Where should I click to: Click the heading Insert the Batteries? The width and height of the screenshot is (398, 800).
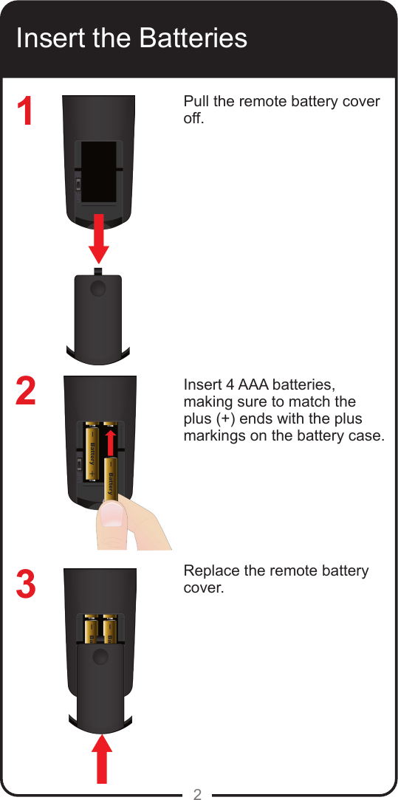tap(131, 38)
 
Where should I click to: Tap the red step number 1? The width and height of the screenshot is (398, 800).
tap(26, 112)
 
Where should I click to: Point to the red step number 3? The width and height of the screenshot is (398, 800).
tap(26, 584)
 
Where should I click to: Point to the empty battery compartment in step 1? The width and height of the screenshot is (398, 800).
tap(98, 171)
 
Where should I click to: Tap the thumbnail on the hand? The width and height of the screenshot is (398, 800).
tap(111, 516)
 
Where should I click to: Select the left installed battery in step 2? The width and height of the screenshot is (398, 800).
tap(92, 452)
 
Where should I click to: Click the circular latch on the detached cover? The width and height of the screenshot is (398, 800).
tap(98, 289)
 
